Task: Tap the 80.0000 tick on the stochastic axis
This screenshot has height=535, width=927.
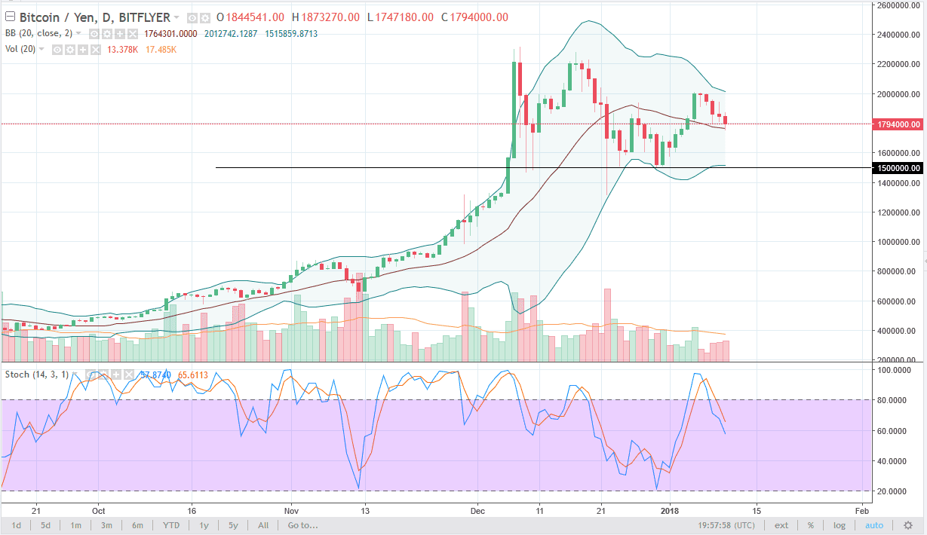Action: [896, 400]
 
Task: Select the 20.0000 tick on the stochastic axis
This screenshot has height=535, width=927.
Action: [896, 491]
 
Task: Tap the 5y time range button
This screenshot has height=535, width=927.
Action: [233, 525]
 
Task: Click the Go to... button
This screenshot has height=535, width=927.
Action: [302, 525]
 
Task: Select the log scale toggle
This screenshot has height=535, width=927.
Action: [839, 525]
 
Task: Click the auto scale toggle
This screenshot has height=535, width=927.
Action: [873, 525]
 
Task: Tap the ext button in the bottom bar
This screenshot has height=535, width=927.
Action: [781, 525]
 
